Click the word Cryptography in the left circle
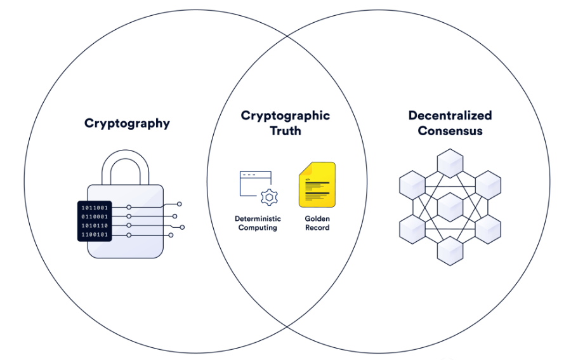click(127, 123)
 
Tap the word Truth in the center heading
click(285, 131)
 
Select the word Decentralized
click(450, 116)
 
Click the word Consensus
click(450, 131)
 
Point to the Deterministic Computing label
click(258, 223)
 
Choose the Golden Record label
click(317, 223)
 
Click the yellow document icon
click(317, 184)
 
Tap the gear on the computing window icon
click(269, 197)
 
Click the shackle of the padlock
click(126, 168)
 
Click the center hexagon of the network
click(450, 207)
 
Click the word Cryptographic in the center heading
click(285, 116)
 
